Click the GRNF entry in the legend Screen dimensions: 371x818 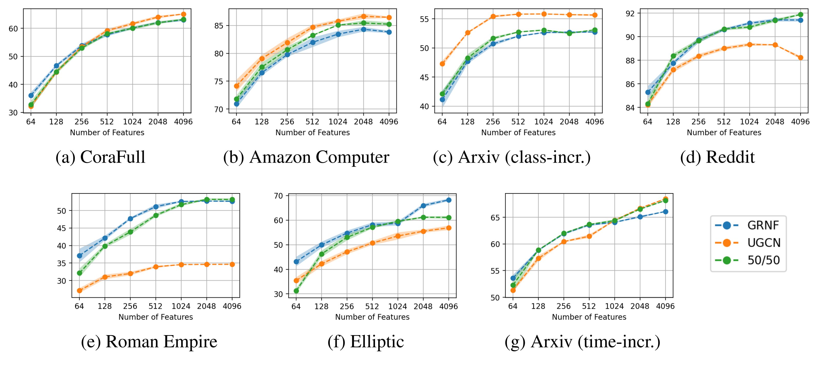pyautogui.click(x=763, y=225)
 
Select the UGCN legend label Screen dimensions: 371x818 pyautogui.click(x=764, y=243)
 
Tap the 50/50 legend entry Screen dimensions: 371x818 pyautogui.click(x=763, y=260)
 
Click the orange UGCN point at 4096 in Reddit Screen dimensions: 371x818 pyautogui.click(x=801, y=58)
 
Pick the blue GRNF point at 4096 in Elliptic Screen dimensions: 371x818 pyautogui.click(x=449, y=200)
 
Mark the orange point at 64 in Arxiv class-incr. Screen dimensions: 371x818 pyautogui.click(x=442, y=64)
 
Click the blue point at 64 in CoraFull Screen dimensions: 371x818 pyautogui.click(x=31, y=96)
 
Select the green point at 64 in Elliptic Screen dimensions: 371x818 pyautogui.click(x=296, y=291)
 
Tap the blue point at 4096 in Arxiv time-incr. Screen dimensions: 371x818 pyautogui.click(x=666, y=212)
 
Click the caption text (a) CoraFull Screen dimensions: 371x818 pyautogui.click(x=100, y=157)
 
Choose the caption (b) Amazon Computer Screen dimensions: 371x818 pyautogui.click(x=306, y=157)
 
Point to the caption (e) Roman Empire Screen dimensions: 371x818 pyautogui.click(x=149, y=342)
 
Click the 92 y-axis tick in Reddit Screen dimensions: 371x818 pyautogui.click(x=630, y=14)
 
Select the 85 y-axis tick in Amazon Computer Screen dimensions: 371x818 pyautogui.click(x=219, y=26)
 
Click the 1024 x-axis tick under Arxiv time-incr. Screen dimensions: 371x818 pyautogui.click(x=614, y=306)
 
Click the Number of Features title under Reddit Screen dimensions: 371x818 pyautogui.click(x=724, y=133)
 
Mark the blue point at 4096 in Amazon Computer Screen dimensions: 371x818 pyautogui.click(x=389, y=32)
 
